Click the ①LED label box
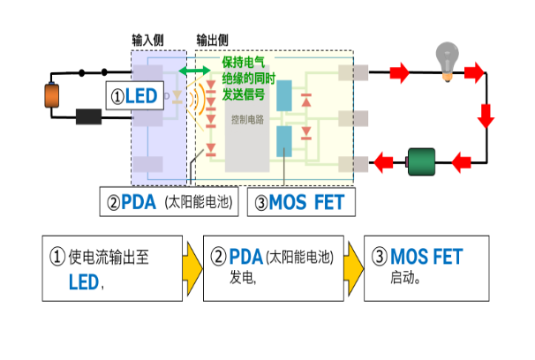tap(136, 96)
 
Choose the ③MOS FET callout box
tap(303, 201)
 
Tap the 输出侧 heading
tap(212, 41)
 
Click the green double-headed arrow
tap(189, 69)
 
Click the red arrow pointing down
tap(486, 114)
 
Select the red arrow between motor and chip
tap(383, 161)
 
